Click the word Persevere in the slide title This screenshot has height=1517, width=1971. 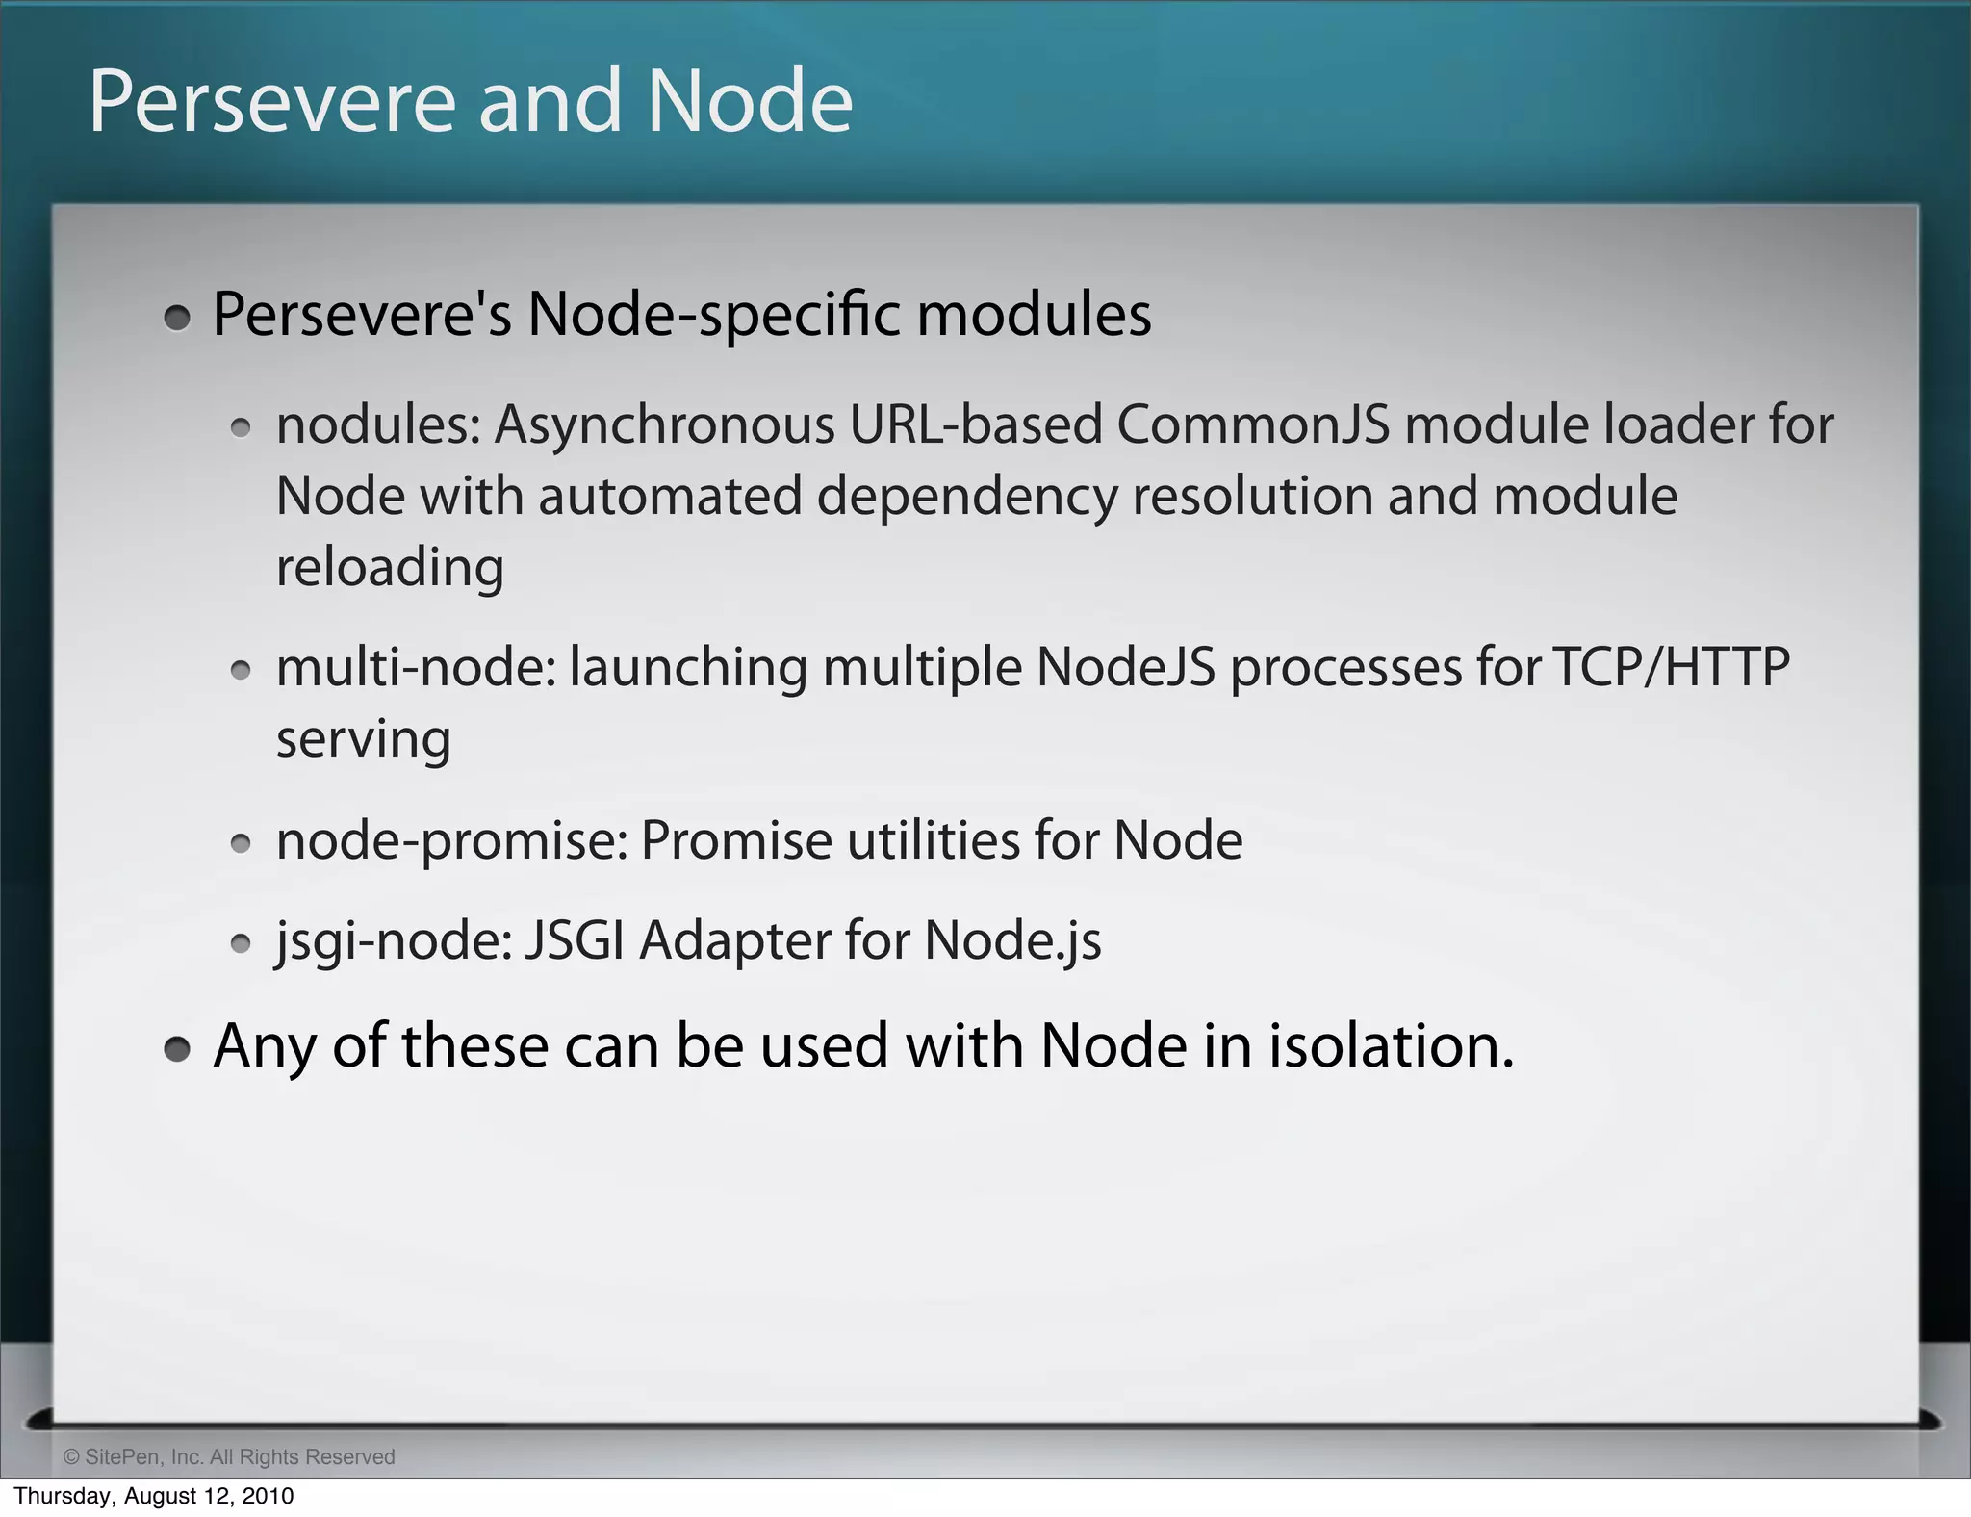click(x=271, y=102)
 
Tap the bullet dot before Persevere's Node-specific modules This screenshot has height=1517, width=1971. click(x=177, y=318)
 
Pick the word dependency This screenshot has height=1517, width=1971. click(x=967, y=498)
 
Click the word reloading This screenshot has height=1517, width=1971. click(x=390, y=568)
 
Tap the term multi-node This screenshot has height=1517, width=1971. click(x=416, y=667)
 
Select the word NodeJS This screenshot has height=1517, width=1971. click(x=1125, y=667)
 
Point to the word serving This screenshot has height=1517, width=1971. click(x=363, y=739)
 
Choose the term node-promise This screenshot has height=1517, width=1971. click(x=451, y=841)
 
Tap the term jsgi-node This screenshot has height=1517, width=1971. click(x=394, y=940)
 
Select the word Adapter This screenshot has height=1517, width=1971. click(x=734, y=940)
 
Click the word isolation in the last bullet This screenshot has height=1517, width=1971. click(x=1390, y=1046)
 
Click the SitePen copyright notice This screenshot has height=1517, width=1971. click(x=229, y=1456)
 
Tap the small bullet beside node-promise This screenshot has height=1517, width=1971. click(x=242, y=844)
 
